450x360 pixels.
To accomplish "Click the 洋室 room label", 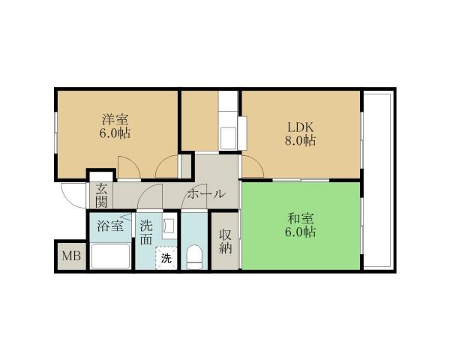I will point(115,118).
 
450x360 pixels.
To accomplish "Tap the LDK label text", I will point(298,127).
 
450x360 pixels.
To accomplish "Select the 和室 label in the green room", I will point(301,218).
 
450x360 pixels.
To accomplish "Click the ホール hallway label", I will point(205,193).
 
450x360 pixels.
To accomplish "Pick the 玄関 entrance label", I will point(100,195).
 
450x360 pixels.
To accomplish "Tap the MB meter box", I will point(70,257).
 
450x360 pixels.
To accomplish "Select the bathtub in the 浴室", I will point(110,255).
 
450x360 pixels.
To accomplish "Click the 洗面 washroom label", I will point(146,232).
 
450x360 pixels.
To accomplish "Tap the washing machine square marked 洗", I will point(165,257).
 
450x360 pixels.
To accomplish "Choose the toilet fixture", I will point(193,256).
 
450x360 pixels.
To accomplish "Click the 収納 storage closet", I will point(225,241).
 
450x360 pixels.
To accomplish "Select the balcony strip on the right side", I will point(376,180).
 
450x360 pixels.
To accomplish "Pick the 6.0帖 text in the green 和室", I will point(301,233).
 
